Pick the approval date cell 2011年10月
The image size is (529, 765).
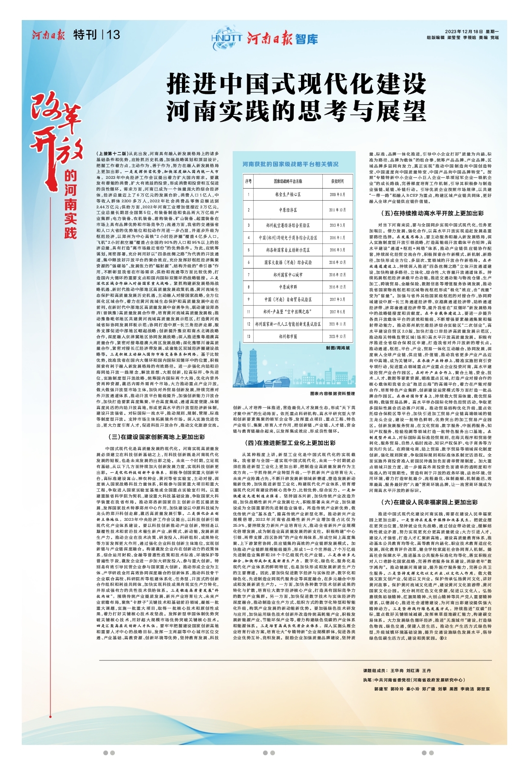pos(337,210)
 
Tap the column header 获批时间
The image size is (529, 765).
pos(337,181)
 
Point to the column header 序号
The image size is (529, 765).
pos(248,181)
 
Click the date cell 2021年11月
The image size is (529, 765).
pos(337,324)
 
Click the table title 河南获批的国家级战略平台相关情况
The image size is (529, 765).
pos(290,164)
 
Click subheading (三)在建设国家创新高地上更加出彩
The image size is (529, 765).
pos(156,437)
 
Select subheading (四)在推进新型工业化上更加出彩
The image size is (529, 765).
pos(294,443)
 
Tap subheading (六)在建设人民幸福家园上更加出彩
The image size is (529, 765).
pos(429,502)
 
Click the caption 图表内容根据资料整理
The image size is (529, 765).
pos(333,394)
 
